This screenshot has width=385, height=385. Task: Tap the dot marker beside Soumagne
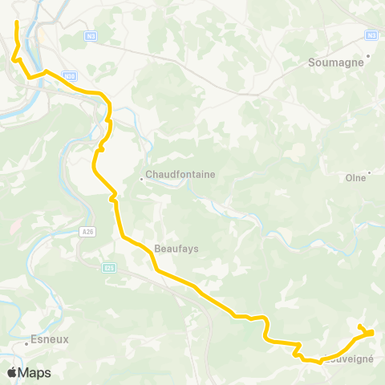pyautogui.click(x=367, y=56)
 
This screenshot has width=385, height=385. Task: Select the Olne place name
pyautogui.click(x=355, y=177)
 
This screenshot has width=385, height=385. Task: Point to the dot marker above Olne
pyautogui.click(x=370, y=172)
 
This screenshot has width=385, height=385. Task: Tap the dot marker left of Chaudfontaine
pyautogui.click(x=141, y=179)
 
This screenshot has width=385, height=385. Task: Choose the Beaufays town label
pyautogui.click(x=176, y=249)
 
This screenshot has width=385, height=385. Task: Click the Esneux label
pyautogui.click(x=50, y=339)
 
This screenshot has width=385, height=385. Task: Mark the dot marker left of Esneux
pyautogui.click(x=26, y=343)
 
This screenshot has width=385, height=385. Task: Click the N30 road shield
pyautogui.click(x=70, y=76)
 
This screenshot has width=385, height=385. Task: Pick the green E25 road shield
pyautogui.click(x=108, y=269)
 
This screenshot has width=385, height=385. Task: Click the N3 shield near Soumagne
pyautogui.click(x=371, y=35)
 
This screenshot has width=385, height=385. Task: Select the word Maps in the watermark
pyautogui.click(x=34, y=373)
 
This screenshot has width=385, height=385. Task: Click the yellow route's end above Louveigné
pyautogui.click(x=360, y=326)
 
